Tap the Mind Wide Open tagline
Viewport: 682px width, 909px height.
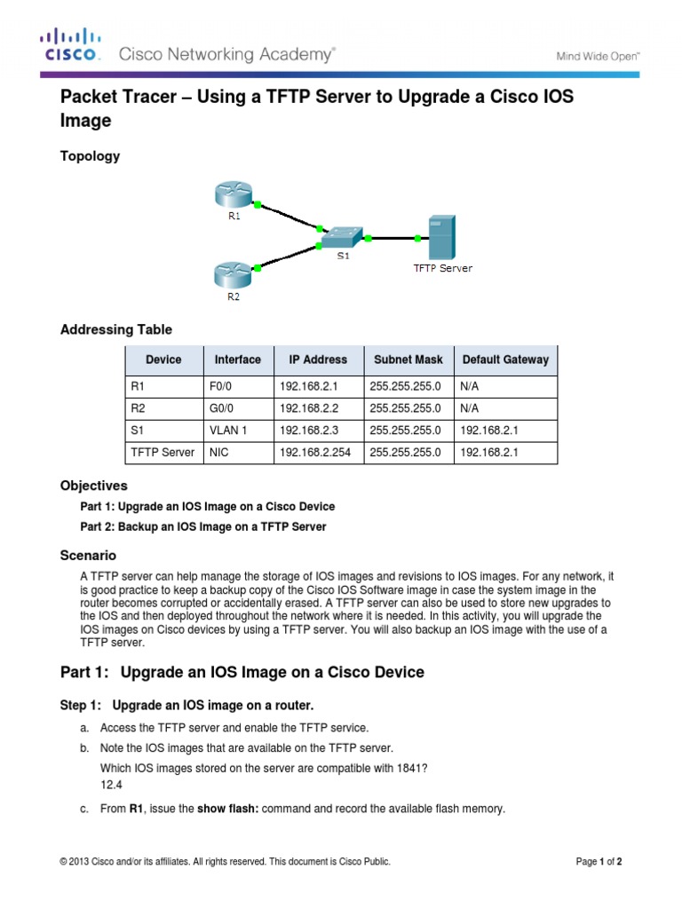tap(597, 56)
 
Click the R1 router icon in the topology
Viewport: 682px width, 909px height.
tap(233, 194)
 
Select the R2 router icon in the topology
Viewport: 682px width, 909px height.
tap(233, 274)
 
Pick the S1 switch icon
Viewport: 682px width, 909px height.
tap(342, 237)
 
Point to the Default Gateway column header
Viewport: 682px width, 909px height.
tap(505, 360)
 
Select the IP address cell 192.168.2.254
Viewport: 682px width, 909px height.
tap(315, 453)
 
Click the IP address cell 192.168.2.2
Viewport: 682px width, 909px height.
tap(310, 408)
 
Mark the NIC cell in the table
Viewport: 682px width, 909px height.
tap(219, 453)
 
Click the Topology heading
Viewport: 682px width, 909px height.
tap(90, 156)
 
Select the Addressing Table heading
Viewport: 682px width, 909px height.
tap(115, 329)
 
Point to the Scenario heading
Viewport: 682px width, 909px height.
tap(88, 555)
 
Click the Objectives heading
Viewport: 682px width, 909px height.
tap(93, 486)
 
